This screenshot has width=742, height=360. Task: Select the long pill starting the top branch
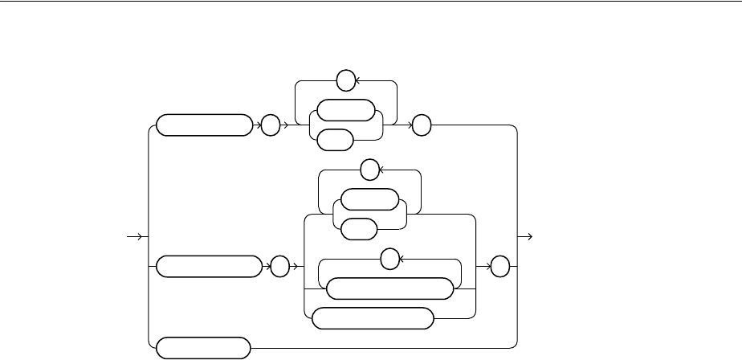(202, 125)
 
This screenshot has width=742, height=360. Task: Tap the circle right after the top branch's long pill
(269, 125)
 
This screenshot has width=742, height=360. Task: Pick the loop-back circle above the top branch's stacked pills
(344, 81)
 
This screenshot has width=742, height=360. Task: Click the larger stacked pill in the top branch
(346, 110)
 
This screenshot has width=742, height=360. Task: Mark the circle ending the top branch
(422, 125)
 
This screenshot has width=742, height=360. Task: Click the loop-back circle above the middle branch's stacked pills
(369, 170)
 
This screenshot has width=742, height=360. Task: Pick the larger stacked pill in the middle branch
(369, 199)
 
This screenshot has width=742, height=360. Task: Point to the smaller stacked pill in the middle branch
(357, 229)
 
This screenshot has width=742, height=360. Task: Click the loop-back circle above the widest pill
(389, 259)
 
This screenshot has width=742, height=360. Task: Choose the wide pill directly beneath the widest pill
(373, 318)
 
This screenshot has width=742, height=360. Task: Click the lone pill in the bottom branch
(202, 348)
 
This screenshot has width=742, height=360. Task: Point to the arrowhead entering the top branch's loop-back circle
(357, 81)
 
